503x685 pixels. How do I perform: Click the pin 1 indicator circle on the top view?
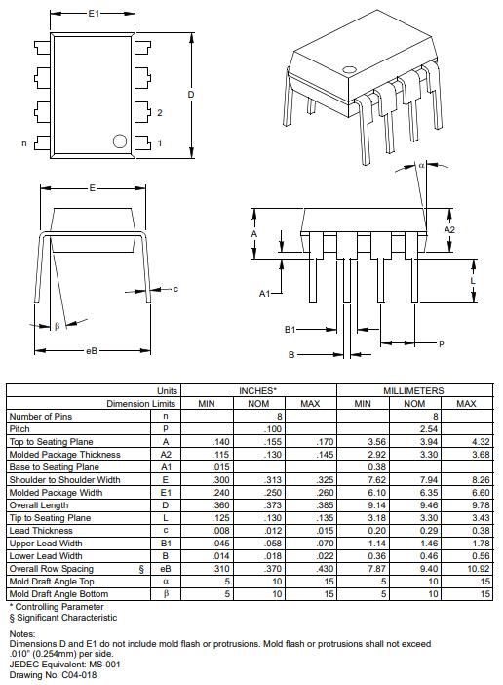coord(120,141)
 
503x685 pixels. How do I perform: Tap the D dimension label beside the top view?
coord(191,94)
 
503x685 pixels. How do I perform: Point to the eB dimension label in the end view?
coord(92,350)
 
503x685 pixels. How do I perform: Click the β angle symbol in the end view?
coord(57,326)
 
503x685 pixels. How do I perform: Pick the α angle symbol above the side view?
coord(421,166)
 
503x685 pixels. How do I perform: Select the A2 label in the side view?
coord(449,229)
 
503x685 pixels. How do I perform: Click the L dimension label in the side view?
coord(473,279)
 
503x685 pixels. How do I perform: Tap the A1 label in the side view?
coord(264,293)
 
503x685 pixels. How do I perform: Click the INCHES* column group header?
coord(258,390)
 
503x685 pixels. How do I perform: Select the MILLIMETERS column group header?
coord(414,390)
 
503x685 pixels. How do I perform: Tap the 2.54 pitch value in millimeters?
coord(414,428)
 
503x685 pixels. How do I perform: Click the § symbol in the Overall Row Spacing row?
coord(141,568)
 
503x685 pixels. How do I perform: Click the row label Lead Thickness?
coord(40,530)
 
